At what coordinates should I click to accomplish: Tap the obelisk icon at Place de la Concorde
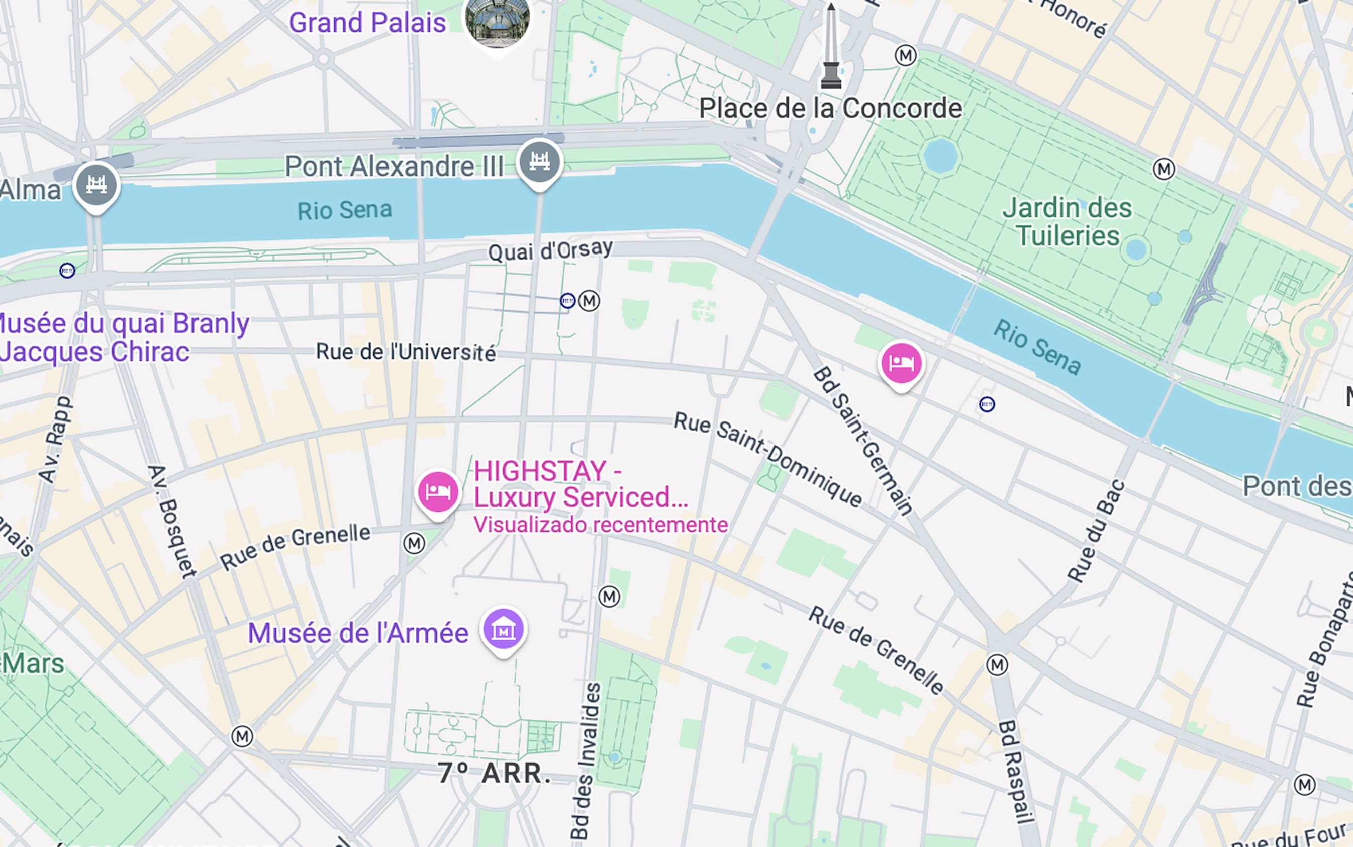[x=831, y=48]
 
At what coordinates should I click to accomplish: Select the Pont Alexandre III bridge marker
[x=540, y=162]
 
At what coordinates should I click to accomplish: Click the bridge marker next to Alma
[x=96, y=186]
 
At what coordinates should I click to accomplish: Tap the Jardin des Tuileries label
[x=1067, y=222]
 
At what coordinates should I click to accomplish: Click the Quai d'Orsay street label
[x=550, y=250]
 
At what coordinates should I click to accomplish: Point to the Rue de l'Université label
[x=405, y=352]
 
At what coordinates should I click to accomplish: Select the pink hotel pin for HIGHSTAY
[x=438, y=492]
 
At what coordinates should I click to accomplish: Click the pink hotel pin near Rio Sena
[x=901, y=364]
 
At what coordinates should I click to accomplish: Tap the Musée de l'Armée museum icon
[x=503, y=630]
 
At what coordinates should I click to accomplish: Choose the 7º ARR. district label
[x=494, y=773]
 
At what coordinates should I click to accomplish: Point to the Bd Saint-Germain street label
[x=863, y=440]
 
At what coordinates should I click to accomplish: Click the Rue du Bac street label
[x=1096, y=531]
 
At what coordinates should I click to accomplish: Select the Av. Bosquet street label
[x=172, y=521]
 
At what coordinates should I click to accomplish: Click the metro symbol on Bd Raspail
[x=997, y=665]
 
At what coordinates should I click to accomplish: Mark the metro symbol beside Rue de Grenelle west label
[x=414, y=543]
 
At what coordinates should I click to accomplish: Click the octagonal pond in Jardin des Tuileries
[x=940, y=155]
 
